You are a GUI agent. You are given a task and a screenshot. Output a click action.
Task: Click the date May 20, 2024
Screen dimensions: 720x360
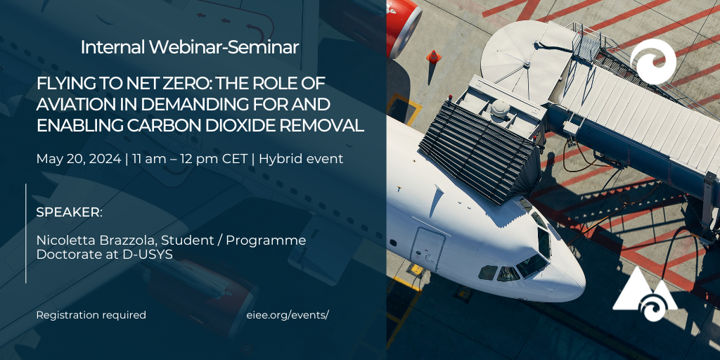[79, 160]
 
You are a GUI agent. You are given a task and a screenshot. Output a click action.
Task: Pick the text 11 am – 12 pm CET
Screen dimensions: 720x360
[190, 160]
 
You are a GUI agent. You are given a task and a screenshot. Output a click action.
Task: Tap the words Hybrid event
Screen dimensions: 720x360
[301, 160]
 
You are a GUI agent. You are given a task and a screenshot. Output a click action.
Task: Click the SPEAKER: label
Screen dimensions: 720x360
[70, 213]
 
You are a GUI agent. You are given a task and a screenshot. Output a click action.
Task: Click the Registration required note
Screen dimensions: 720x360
[91, 316]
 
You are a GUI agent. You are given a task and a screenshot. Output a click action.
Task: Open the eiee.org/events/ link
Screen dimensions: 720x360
[288, 316]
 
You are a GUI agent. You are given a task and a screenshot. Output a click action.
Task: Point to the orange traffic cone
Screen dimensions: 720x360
[433, 56]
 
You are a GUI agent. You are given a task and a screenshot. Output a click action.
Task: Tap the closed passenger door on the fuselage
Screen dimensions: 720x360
[428, 250]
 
